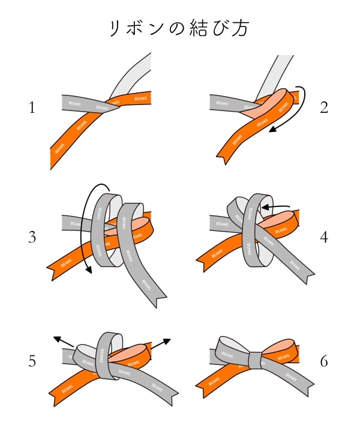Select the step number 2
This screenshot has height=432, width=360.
325,108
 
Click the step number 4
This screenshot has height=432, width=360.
325,237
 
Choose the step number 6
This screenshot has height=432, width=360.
325,361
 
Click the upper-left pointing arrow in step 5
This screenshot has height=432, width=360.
62,341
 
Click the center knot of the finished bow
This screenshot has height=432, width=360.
254,360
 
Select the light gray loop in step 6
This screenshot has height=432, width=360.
232,349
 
